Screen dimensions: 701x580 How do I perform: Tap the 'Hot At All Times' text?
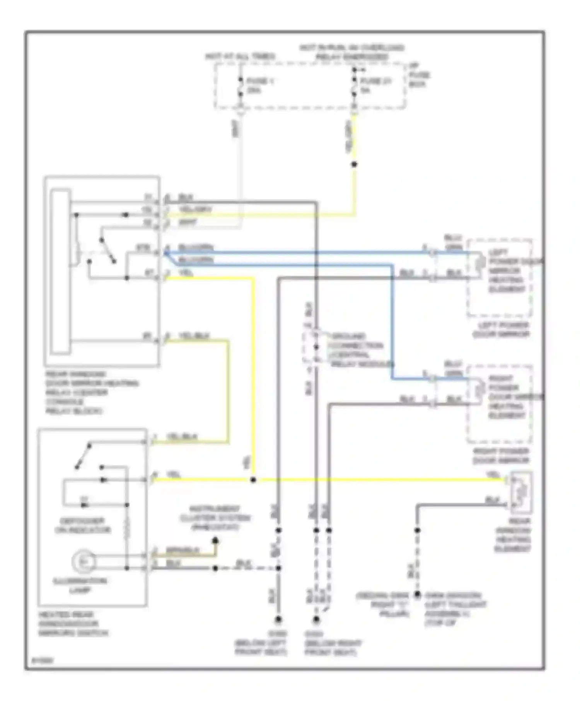240,56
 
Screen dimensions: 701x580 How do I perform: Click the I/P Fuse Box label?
419,75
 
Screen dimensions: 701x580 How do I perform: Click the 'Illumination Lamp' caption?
81,585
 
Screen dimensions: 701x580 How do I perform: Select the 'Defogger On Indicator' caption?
82,526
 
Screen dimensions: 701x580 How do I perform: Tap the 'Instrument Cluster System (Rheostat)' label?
215,518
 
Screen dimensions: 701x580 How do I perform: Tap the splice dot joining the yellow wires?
253,480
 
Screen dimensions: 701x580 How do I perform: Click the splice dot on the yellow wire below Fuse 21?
354,164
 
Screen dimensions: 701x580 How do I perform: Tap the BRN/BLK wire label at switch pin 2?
183,550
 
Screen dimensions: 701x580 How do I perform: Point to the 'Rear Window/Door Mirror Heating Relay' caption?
91,392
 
